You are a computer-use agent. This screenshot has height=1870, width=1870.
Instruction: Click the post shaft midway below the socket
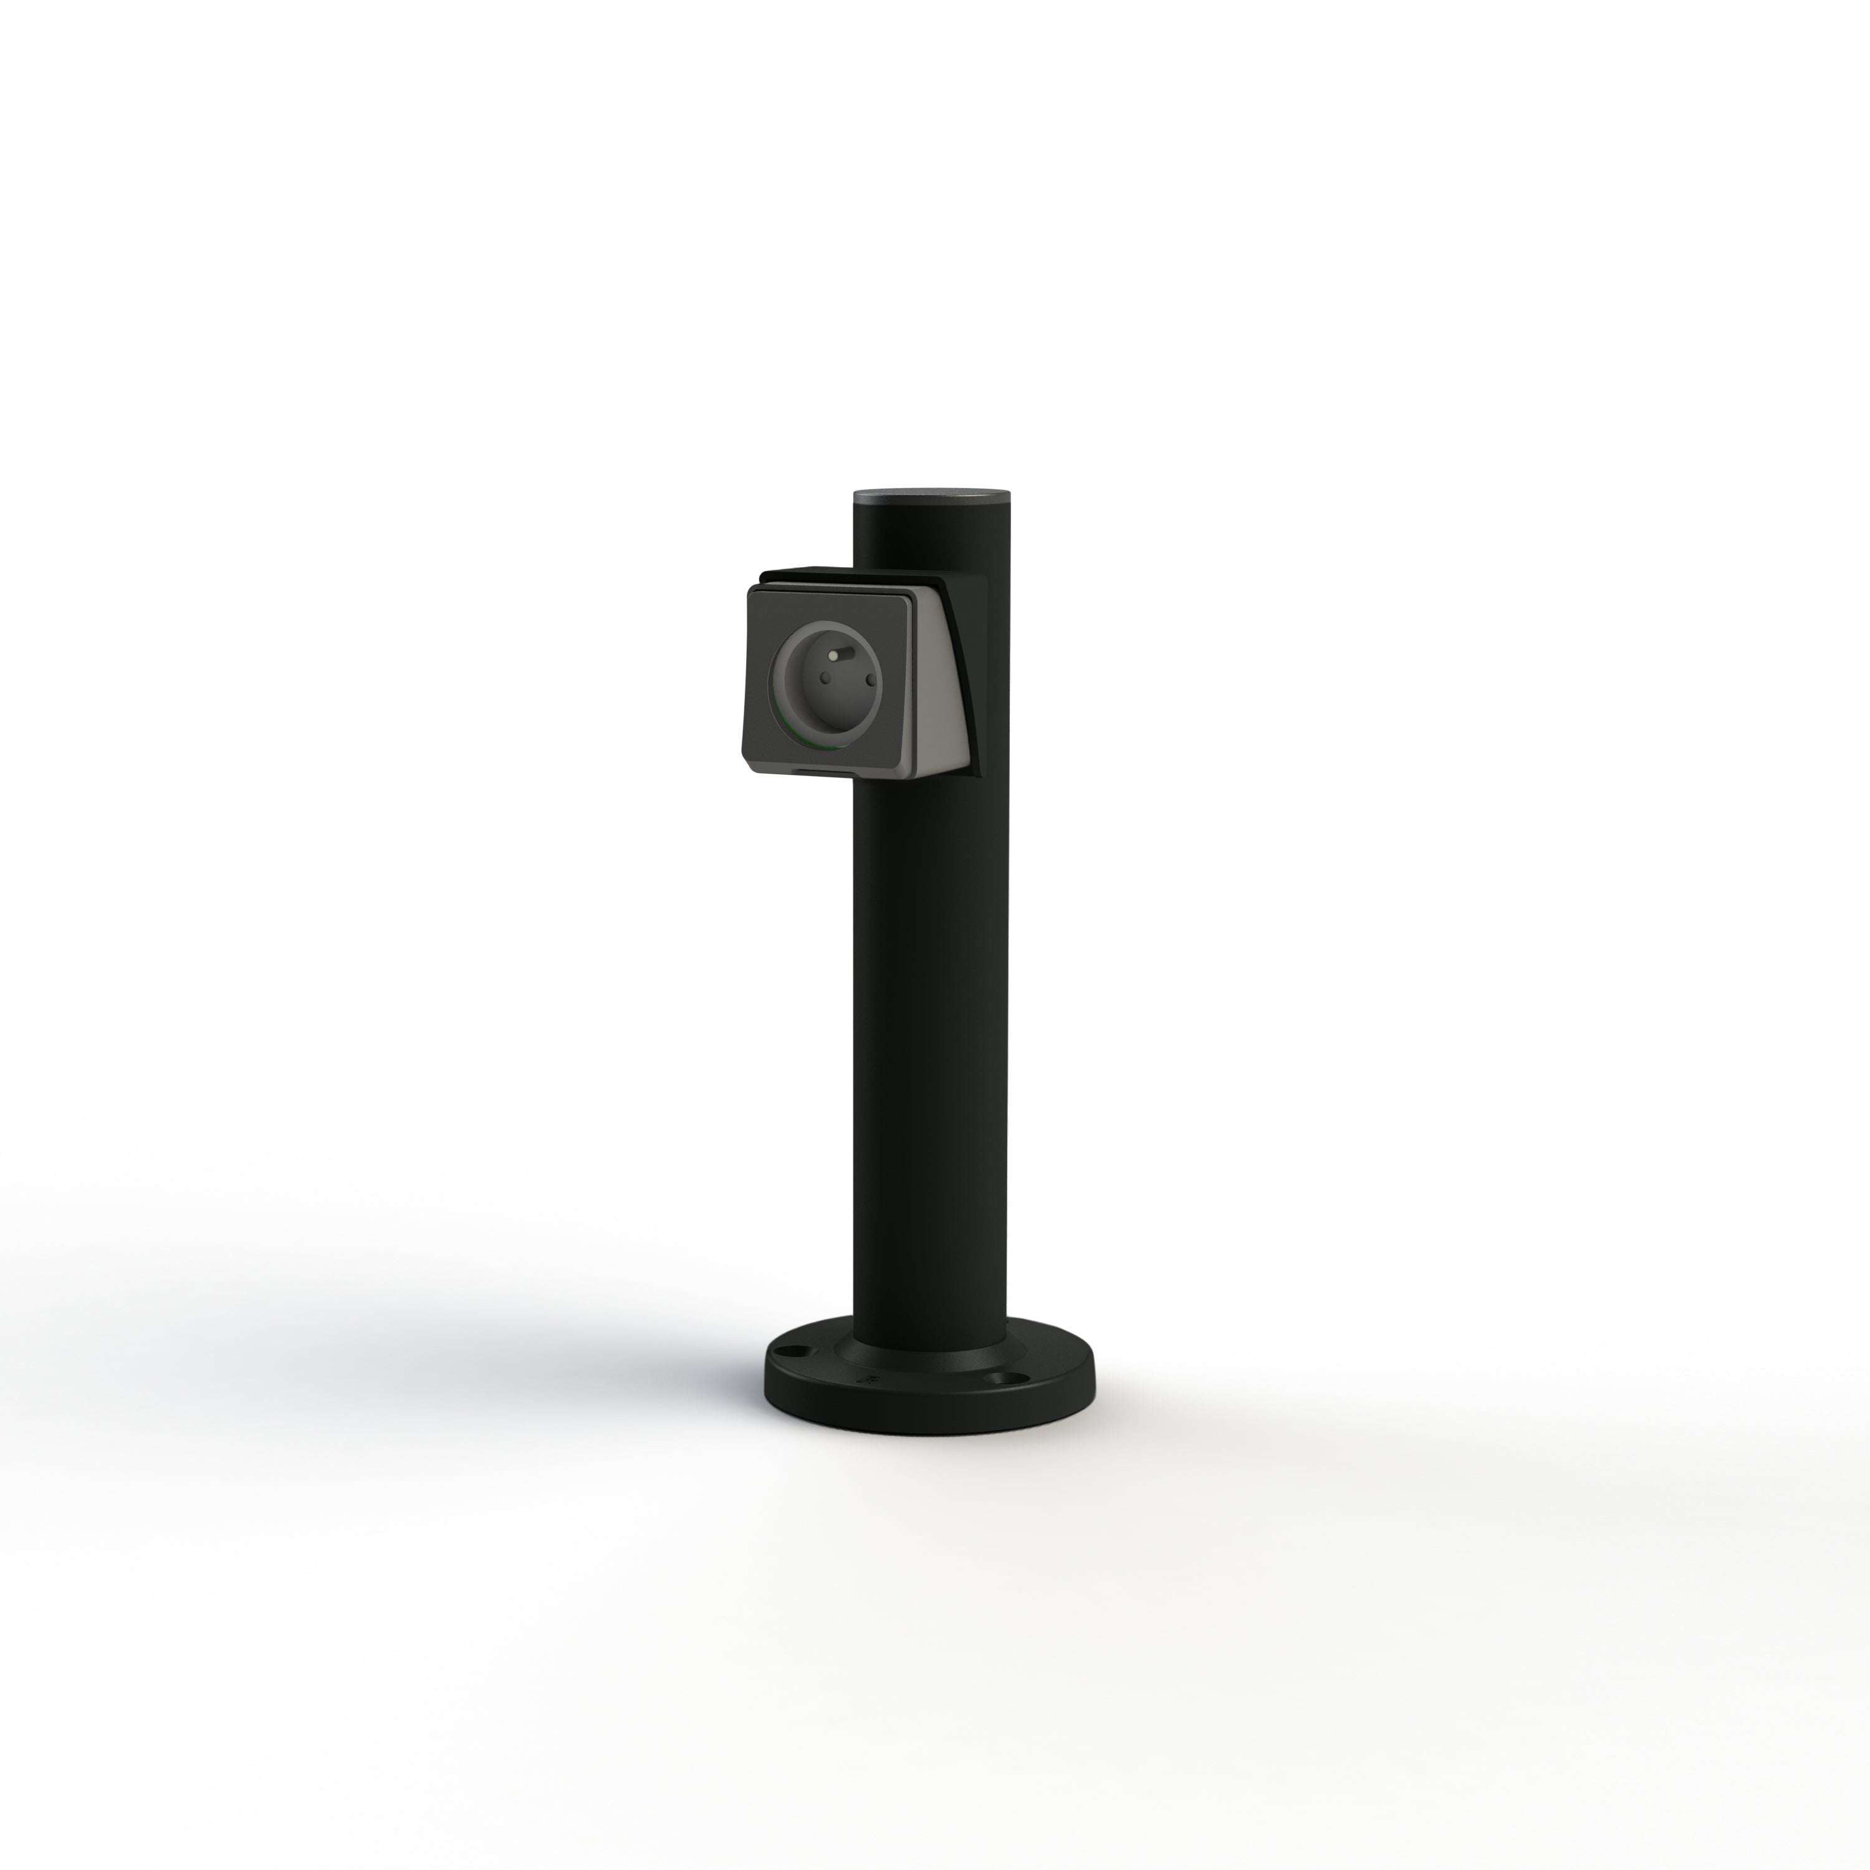coord(929,1045)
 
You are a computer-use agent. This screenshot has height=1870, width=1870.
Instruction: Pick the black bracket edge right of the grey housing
coord(976,678)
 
